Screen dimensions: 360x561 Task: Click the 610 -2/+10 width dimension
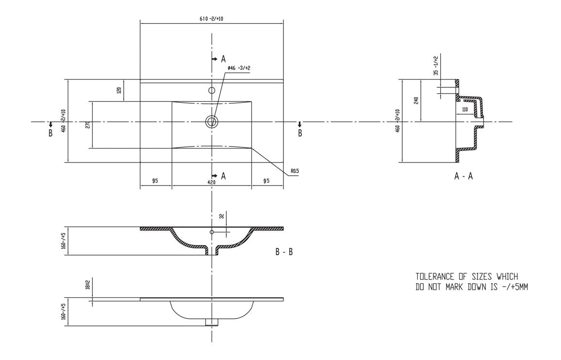(x=211, y=18)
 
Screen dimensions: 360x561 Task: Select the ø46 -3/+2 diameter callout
(x=239, y=68)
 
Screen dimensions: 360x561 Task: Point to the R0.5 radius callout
(x=295, y=171)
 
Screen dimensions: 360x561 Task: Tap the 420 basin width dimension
(x=212, y=182)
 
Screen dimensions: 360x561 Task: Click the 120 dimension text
(x=119, y=91)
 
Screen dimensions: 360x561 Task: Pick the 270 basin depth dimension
(x=88, y=124)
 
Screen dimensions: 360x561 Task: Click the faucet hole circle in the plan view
(x=212, y=90)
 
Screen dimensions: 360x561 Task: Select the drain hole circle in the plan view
(x=212, y=121)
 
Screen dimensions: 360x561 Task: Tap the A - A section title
(x=463, y=177)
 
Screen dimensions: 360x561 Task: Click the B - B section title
(x=284, y=252)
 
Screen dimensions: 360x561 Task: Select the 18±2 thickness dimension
(x=88, y=285)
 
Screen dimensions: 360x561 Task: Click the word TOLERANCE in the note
(x=433, y=277)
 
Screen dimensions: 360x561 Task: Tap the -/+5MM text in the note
(x=514, y=286)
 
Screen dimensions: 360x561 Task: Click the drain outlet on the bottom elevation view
(x=212, y=321)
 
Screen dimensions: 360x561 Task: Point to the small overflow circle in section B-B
(x=212, y=232)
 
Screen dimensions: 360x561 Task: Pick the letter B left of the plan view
(x=50, y=133)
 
